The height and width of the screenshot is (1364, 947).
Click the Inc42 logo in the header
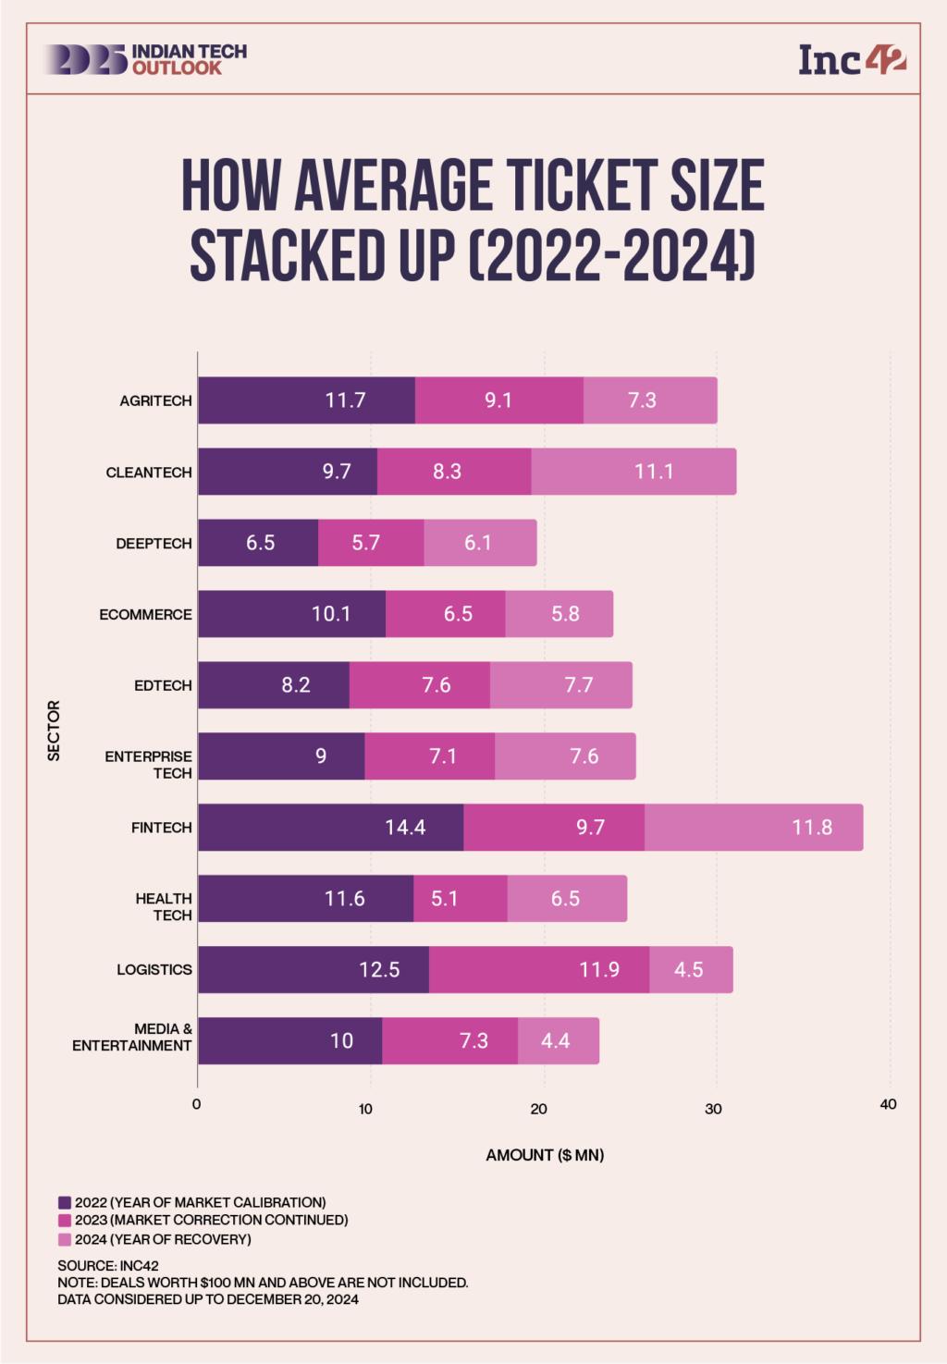(x=852, y=60)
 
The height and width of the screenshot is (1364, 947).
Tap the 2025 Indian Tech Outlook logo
(x=144, y=59)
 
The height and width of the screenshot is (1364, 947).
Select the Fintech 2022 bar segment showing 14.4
(x=330, y=827)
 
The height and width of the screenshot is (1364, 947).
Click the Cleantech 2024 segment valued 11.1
(x=633, y=472)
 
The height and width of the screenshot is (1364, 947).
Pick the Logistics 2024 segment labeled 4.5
(x=690, y=969)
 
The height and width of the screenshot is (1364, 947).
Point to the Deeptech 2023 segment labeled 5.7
(x=370, y=543)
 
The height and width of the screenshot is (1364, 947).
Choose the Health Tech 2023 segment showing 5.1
(x=460, y=898)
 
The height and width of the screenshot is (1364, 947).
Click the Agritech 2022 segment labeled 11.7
(x=306, y=400)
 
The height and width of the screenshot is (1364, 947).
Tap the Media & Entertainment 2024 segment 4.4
(x=558, y=1040)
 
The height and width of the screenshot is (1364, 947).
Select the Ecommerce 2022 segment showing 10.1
(x=291, y=614)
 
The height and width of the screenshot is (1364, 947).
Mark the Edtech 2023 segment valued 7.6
(x=419, y=685)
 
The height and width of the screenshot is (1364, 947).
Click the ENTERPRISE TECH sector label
(x=149, y=764)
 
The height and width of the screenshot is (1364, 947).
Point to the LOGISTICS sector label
(x=154, y=969)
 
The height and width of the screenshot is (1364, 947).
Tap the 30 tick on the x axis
(x=713, y=1108)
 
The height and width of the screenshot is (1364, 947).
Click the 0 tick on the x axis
(x=196, y=1104)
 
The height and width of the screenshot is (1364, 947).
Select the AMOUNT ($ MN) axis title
(x=545, y=1155)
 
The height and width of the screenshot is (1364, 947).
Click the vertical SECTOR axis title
(x=54, y=731)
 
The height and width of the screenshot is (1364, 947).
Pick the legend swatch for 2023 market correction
(x=64, y=1221)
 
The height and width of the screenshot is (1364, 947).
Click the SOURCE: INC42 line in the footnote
(x=108, y=1266)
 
